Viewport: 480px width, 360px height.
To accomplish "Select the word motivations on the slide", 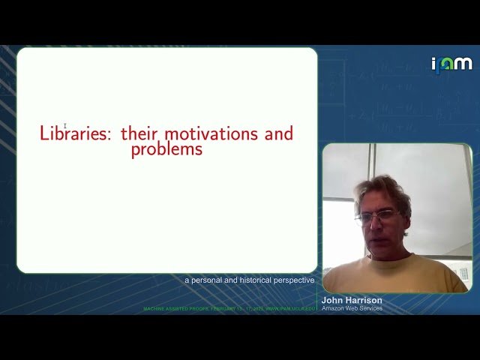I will point(211,134).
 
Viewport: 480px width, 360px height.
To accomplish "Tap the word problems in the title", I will point(166,149).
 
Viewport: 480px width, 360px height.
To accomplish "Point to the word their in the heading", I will point(139,134).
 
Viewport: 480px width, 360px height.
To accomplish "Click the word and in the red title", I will point(278,134).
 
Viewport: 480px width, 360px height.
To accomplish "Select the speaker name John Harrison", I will point(352,300).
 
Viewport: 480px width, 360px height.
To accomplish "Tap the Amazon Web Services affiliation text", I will point(352,308).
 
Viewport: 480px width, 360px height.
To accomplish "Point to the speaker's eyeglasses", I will point(376,217).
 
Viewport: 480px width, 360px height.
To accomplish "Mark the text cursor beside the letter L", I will point(65,126).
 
